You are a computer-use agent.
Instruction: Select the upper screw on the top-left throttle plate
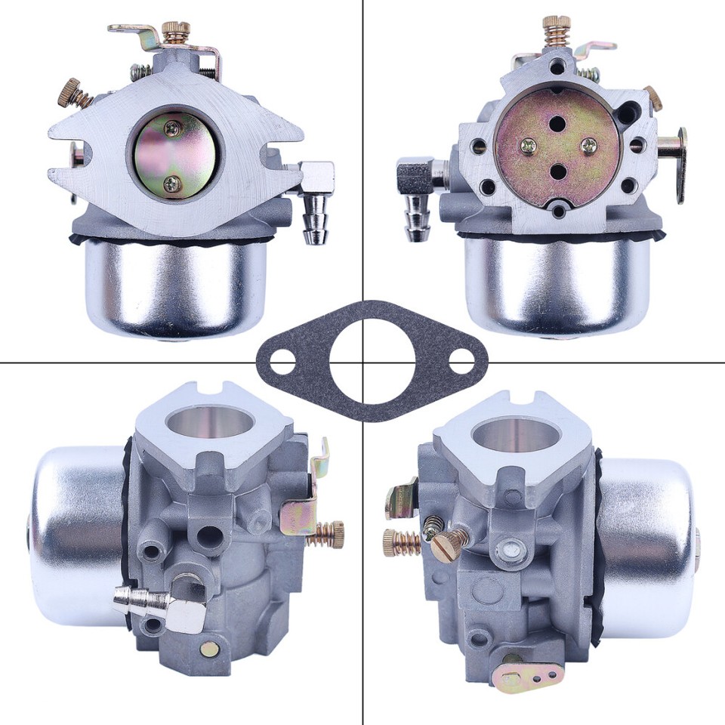tap(173, 129)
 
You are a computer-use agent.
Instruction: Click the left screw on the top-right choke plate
tap(526, 144)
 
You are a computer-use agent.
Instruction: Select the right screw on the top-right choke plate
tap(589, 145)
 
